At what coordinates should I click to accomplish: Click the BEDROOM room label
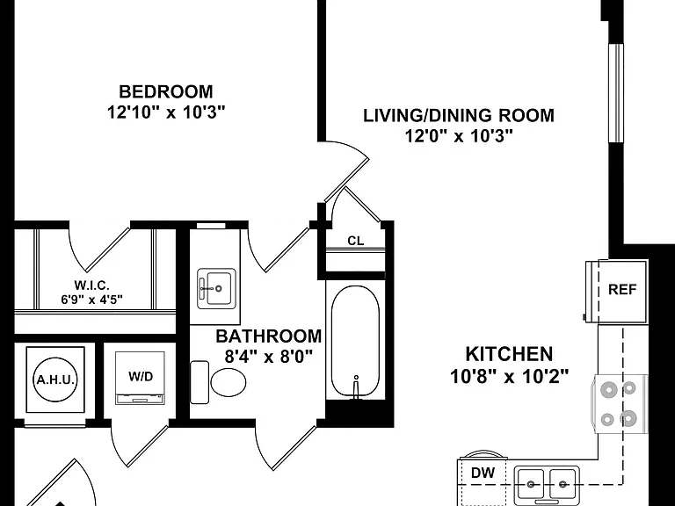pyautogui.click(x=166, y=91)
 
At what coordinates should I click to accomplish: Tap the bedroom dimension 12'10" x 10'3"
pyautogui.click(x=166, y=112)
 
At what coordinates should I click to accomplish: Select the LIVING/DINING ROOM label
pyautogui.click(x=459, y=116)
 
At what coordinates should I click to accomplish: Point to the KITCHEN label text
pyautogui.click(x=509, y=354)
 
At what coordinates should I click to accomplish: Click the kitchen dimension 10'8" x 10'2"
pyautogui.click(x=509, y=377)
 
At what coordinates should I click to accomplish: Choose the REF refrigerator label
pyautogui.click(x=622, y=290)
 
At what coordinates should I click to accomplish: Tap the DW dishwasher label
pyautogui.click(x=483, y=473)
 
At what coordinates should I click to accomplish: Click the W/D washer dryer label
pyautogui.click(x=141, y=377)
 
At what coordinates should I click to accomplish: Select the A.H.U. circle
pyautogui.click(x=55, y=379)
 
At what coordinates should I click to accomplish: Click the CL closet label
pyautogui.click(x=356, y=241)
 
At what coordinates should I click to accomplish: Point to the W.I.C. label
pyautogui.click(x=91, y=285)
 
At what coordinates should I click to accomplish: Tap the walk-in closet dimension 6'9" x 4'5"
pyautogui.click(x=91, y=300)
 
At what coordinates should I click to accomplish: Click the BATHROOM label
pyautogui.click(x=269, y=336)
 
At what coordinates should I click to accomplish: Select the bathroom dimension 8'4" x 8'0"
pyautogui.click(x=269, y=357)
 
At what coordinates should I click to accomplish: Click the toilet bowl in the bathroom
pyautogui.click(x=229, y=382)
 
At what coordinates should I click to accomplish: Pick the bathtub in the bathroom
pyautogui.click(x=356, y=341)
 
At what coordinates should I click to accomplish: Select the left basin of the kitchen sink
pyautogui.click(x=531, y=484)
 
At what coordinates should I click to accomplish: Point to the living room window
pyautogui.click(x=616, y=93)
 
